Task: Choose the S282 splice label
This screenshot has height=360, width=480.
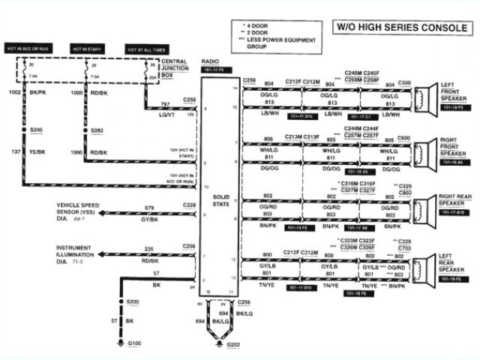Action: pyautogui.click(x=97, y=130)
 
